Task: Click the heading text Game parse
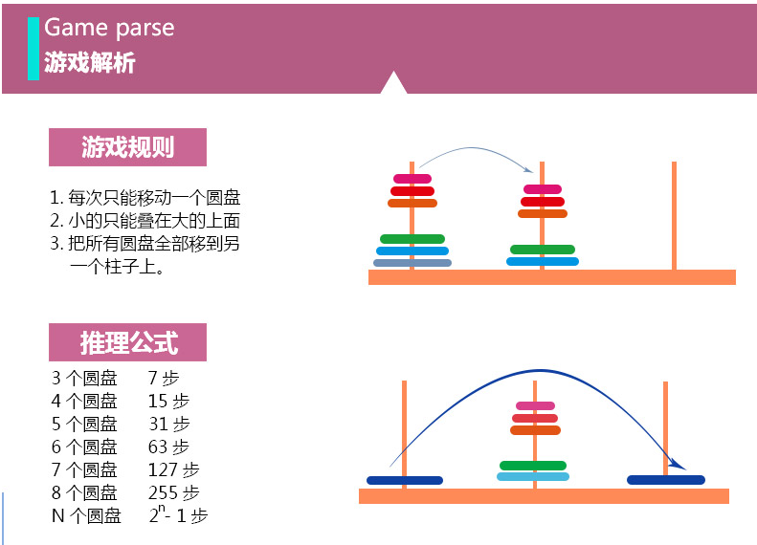(x=109, y=27)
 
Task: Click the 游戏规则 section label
(x=127, y=147)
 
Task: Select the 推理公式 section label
(x=128, y=342)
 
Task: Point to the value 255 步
(x=174, y=492)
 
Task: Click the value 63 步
(x=168, y=447)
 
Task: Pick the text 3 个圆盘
(x=84, y=378)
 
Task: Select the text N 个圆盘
(x=86, y=516)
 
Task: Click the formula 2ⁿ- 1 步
(x=178, y=515)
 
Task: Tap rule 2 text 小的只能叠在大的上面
(x=145, y=221)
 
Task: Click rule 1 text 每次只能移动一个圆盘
(x=145, y=199)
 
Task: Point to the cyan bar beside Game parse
(x=34, y=48)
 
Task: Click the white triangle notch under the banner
(x=393, y=85)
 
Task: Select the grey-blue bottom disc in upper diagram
(x=412, y=263)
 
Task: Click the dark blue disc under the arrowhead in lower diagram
(x=666, y=480)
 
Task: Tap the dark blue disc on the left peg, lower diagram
(x=404, y=480)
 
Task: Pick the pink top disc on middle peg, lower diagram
(x=535, y=405)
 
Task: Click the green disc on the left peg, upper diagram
(x=412, y=238)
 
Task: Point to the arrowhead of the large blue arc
(x=680, y=466)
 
